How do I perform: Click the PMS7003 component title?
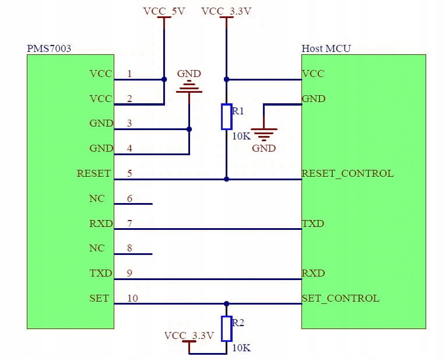pos(49,48)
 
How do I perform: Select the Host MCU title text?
pos(326,48)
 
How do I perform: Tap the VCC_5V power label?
pos(164,11)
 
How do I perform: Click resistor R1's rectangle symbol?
pos(227,116)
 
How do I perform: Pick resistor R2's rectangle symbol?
pos(227,328)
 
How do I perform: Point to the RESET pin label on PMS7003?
pos(94,173)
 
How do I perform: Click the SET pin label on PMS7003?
pos(99,298)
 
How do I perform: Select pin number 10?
pos(132,298)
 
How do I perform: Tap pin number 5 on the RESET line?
pos(129,173)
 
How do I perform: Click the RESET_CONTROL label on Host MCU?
pos(347,173)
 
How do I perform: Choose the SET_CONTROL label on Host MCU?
pos(340,298)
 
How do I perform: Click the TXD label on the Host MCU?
pos(313,223)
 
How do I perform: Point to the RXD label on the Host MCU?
pos(313,273)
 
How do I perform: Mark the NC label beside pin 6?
pos(97,198)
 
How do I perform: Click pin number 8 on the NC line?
pos(129,248)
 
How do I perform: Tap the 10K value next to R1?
pos(242,137)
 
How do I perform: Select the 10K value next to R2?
pos(241,348)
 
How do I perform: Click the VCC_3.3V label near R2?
pos(189,335)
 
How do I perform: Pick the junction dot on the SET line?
pos(226,303)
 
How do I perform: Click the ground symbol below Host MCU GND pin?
pos(264,134)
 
